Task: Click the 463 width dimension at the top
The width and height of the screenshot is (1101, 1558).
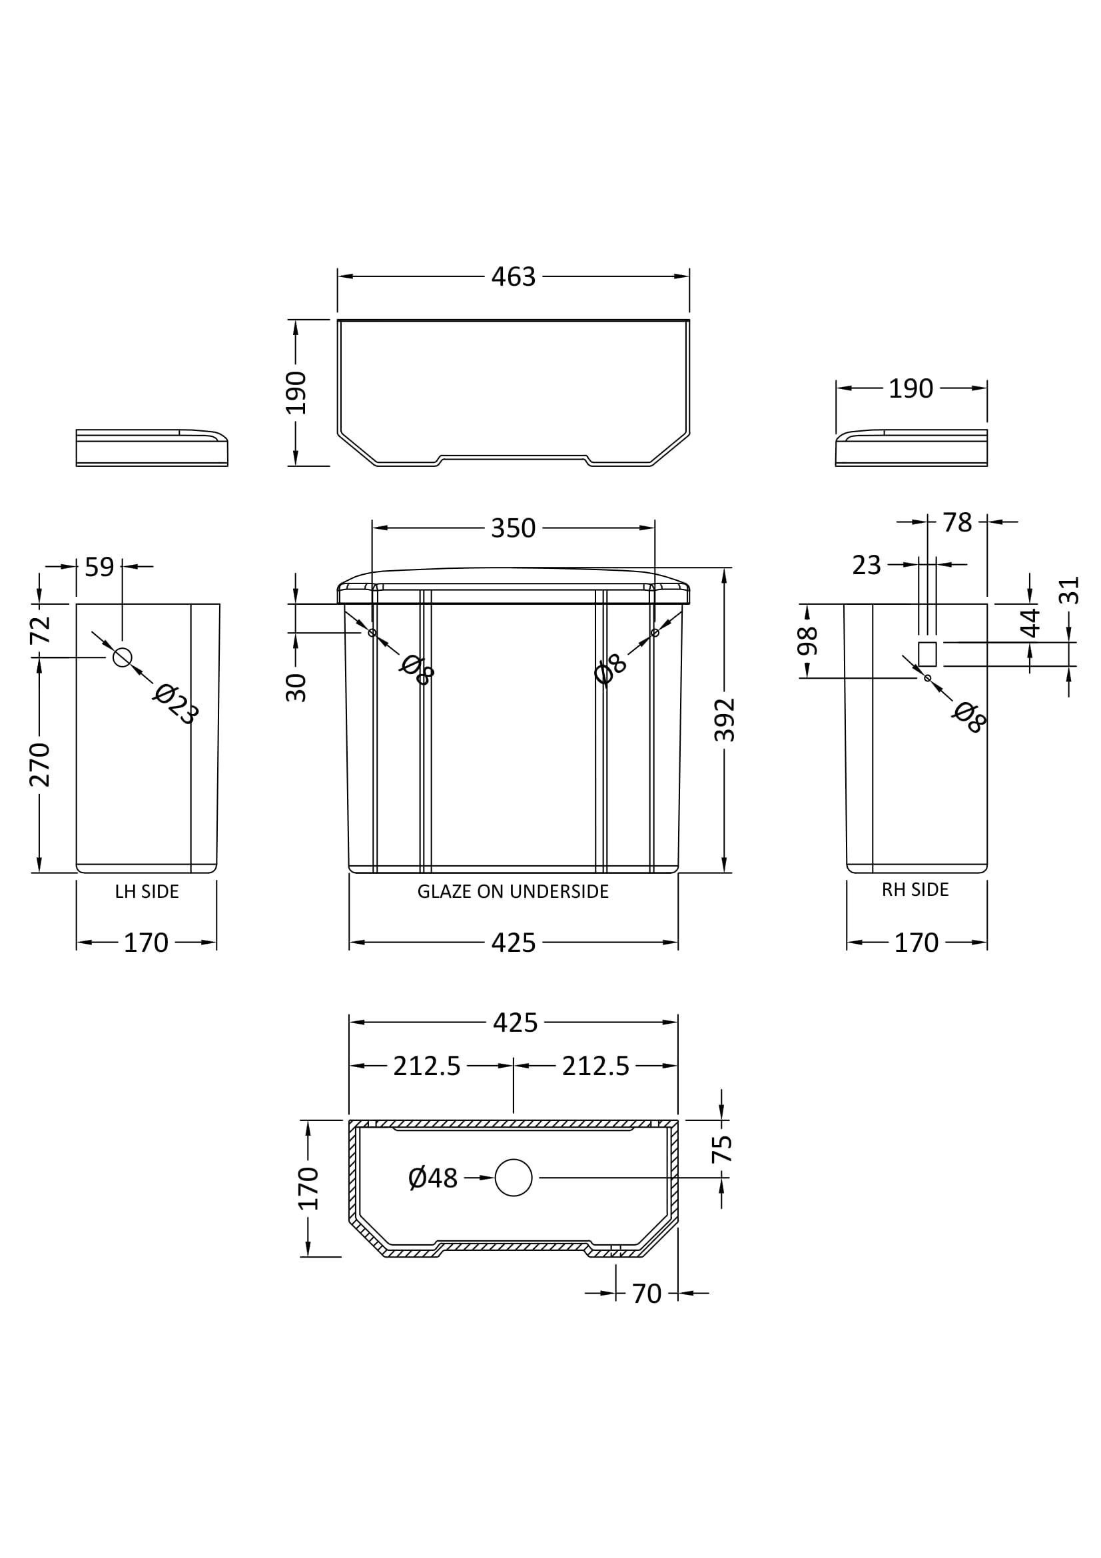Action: click(514, 277)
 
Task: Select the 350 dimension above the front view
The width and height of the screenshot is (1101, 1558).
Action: click(514, 528)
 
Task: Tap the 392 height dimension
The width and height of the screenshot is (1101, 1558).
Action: click(725, 719)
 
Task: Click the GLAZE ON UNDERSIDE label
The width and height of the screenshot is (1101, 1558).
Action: click(513, 892)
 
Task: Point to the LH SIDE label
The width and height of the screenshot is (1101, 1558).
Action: click(147, 892)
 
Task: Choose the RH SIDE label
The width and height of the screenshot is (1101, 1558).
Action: click(915, 890)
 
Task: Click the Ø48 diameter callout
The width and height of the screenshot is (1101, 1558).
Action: click(434, 1178)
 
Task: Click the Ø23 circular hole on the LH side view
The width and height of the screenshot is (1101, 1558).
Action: click(122, 657)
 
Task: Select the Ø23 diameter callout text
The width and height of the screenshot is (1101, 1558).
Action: click(175, 704)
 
